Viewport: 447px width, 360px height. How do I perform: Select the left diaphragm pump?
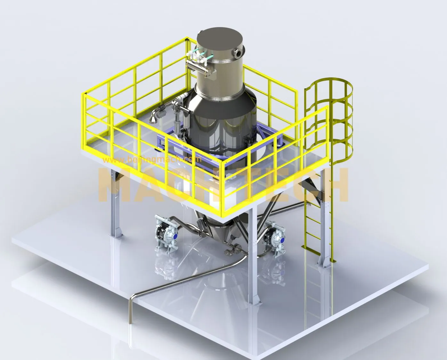click(x=165, y=234)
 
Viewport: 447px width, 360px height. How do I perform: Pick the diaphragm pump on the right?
click(x=274, y=237)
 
